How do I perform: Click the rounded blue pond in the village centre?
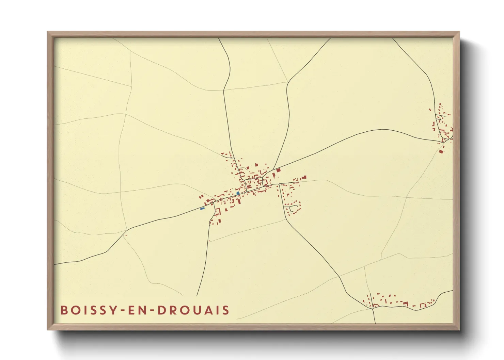[238, 193]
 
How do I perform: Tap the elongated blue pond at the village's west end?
[202, 208]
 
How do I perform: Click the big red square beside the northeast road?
[278, 170]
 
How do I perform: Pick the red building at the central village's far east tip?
[304, 177]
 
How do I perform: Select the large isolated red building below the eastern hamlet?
[441, 151]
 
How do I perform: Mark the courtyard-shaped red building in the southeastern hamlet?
[424, 305]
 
